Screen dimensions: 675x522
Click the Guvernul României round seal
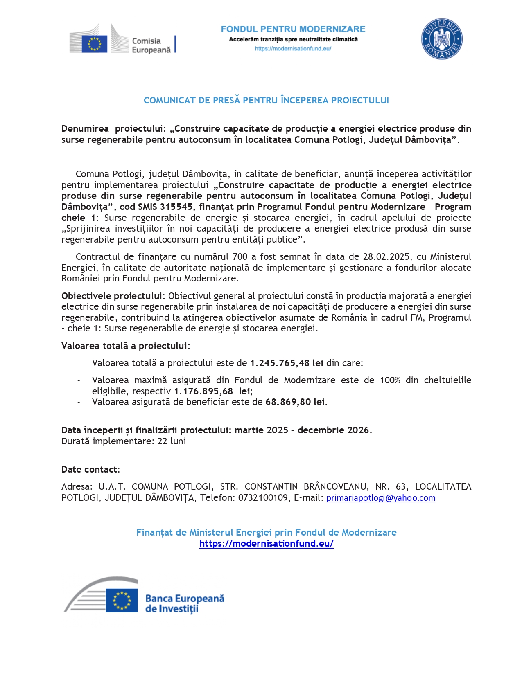click(442, 39)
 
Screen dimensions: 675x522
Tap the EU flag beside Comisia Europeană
click(94, 44)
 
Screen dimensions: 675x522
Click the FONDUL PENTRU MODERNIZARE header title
click(293, 29)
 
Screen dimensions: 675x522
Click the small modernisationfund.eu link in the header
click(293, 48)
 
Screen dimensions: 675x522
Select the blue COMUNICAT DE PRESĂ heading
click(266, 100)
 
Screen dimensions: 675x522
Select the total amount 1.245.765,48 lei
click(287, 363)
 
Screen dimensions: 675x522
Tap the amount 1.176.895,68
click(203, 391)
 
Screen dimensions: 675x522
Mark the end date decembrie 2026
click(333, 430)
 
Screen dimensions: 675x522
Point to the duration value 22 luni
click(172, 441)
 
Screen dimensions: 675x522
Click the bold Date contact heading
click(90, 469)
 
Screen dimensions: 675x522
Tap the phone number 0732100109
click(263, 497)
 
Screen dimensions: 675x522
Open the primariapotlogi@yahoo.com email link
click(381, 498)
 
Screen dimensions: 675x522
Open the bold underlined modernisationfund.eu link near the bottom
click(266, 543)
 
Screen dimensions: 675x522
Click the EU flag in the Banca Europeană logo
click(122, 601)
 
